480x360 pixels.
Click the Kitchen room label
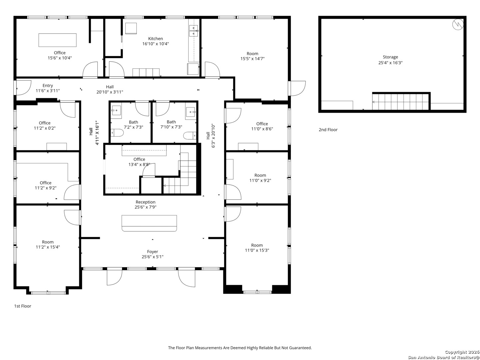155,39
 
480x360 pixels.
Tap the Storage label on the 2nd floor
390,57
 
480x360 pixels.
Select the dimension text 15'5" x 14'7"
252,59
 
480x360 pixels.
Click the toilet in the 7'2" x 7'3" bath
117,133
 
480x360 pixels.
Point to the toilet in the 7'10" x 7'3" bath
190,136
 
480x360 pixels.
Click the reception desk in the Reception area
149,223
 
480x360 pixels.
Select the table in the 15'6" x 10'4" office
57,40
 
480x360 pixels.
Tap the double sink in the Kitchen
194,31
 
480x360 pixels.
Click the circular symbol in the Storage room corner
458,24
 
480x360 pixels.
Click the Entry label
48,86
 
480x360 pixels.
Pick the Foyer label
152,252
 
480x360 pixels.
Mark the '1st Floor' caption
23,306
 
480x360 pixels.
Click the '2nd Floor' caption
328,130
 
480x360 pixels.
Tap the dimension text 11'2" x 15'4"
48,247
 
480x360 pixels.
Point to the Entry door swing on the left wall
22,87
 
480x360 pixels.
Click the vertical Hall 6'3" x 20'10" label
210,136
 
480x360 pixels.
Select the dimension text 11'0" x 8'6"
262,129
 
